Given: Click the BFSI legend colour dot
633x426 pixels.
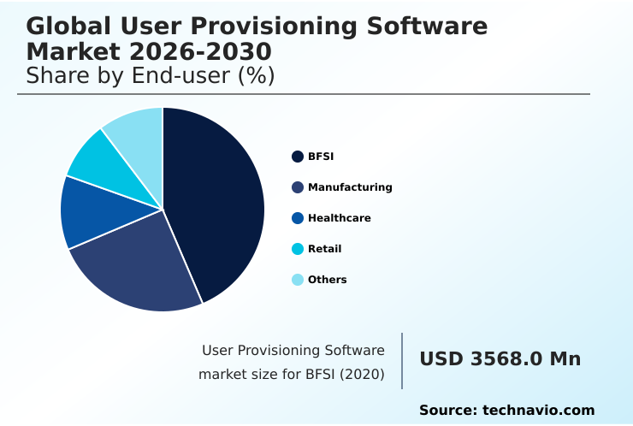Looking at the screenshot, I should pos(298,157).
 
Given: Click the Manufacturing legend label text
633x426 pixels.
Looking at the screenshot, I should pos(350,187).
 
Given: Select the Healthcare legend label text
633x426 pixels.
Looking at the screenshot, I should pos(339,218).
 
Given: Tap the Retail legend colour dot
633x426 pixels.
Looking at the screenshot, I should pos(298,249).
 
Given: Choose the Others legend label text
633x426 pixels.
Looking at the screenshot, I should pos(327,280).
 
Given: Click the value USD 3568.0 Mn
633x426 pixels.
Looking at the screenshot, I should pos(500,359).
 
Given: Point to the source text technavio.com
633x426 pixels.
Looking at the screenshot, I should pos(538,411).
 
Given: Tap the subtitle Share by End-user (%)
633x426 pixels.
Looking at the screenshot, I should pos(150,75).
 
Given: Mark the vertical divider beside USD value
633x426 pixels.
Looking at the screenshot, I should pos(402,360).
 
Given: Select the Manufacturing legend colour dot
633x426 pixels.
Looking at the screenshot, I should pos(298,187).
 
